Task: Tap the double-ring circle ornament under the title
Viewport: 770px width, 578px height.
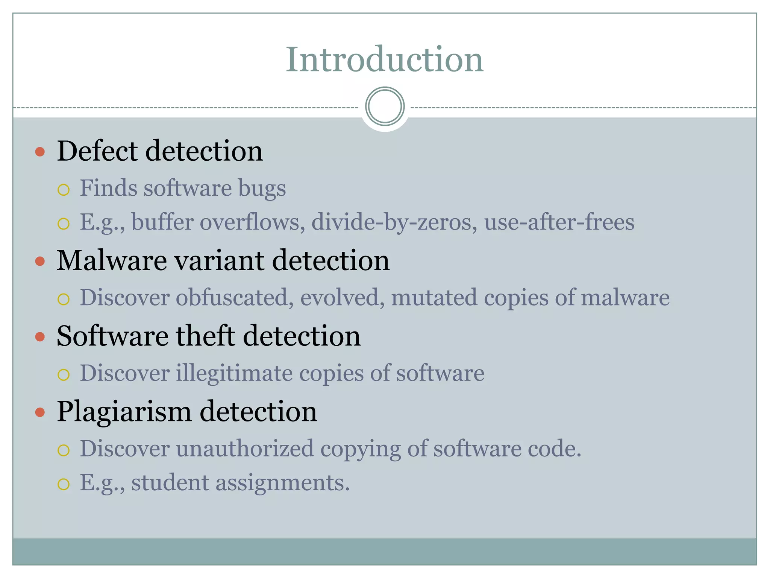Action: click(x=385, y=106)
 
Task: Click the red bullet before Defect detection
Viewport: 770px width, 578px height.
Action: click(x=40, y=152)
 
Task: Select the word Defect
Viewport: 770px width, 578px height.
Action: click(x=97, y=151)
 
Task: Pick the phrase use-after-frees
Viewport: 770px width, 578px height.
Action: click(x=559, y=222)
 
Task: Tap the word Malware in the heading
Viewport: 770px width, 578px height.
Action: click(x=112, y=260)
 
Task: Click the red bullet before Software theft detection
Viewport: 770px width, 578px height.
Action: click(x=40, y=336)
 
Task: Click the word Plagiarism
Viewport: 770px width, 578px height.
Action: click(x=124, y=412)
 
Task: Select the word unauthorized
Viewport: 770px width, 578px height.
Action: click(x=245, y=449)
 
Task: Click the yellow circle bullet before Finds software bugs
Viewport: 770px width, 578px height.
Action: click(x=64, y=190)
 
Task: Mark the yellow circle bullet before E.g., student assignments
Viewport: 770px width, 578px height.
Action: click(x=64, y=484)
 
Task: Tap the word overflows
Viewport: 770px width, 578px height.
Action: click(x=252, y=222)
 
